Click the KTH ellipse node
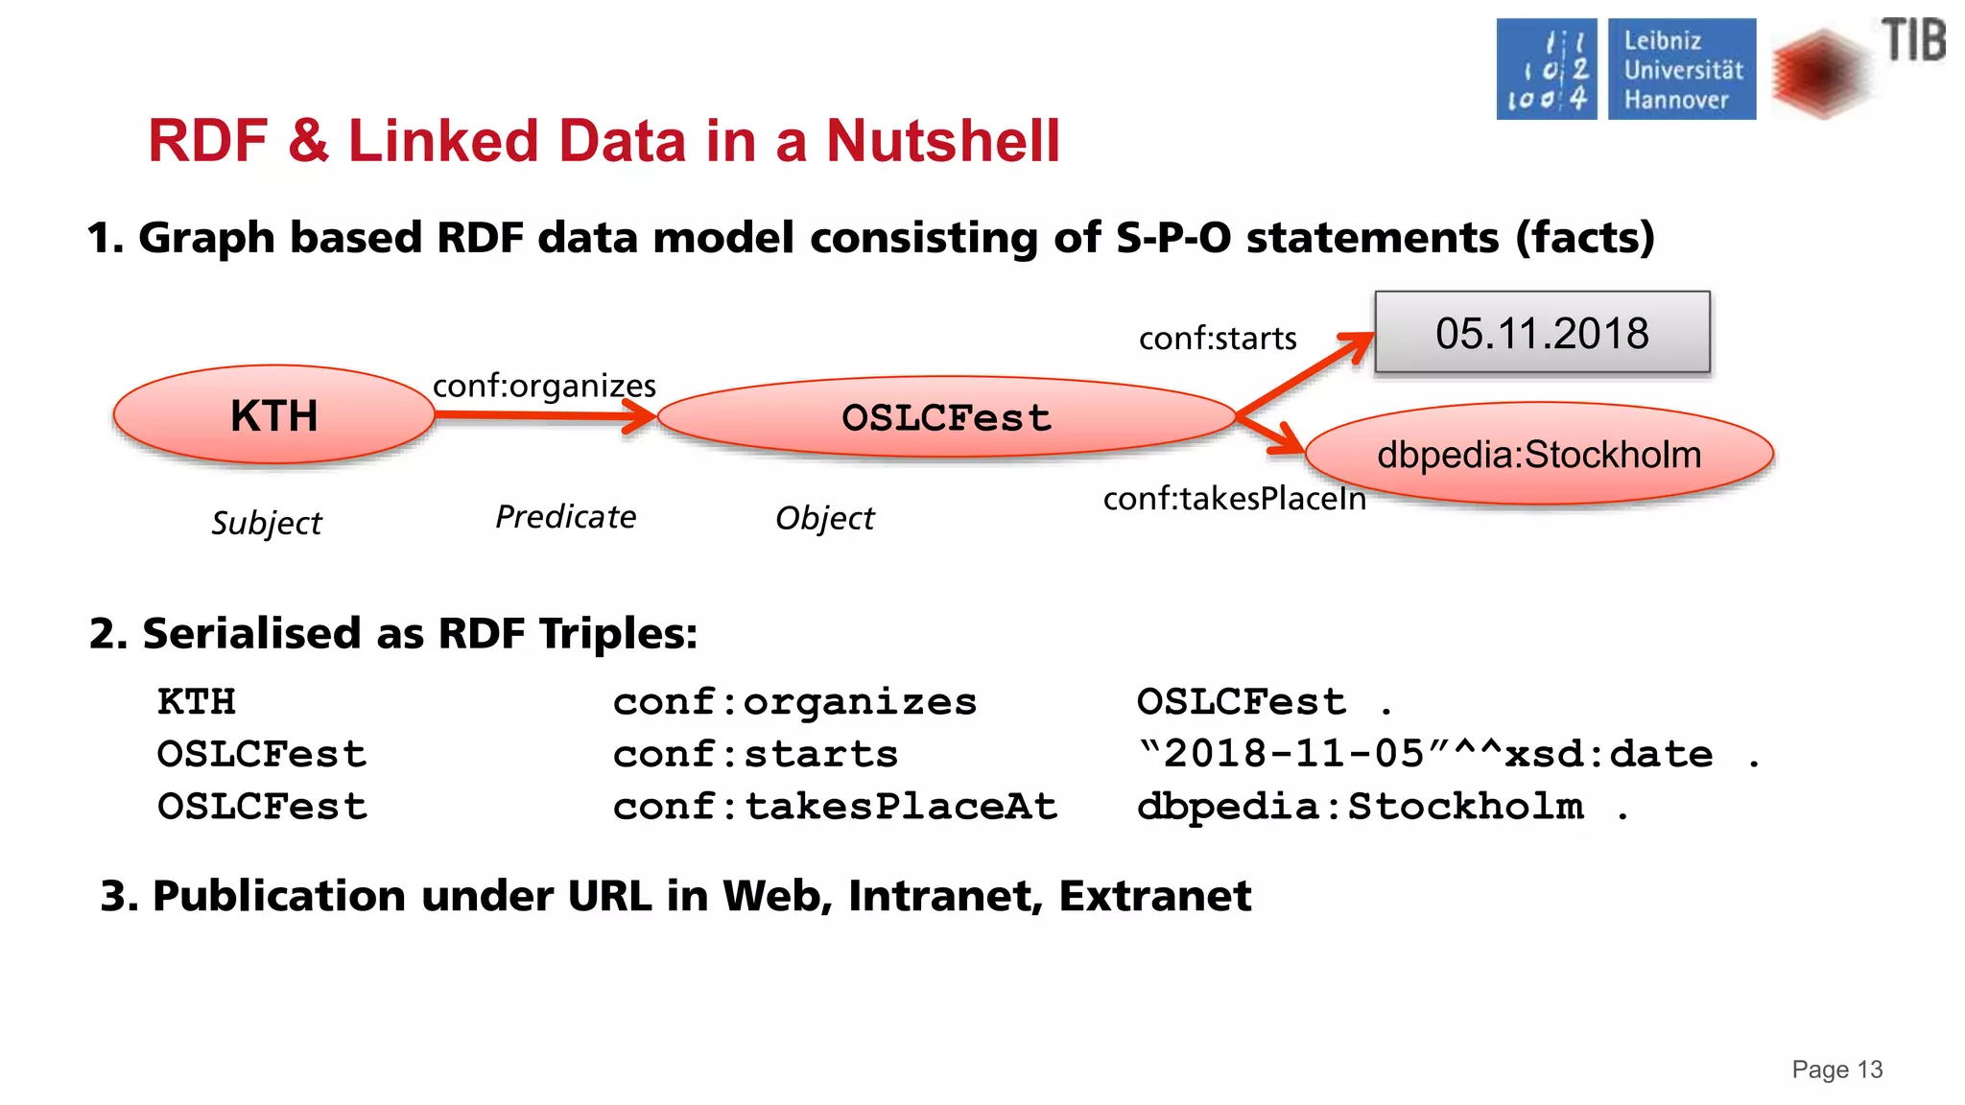point(273,415)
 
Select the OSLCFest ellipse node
point(946,417)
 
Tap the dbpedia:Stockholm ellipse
point(1539,454)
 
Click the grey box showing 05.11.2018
point(1542,333)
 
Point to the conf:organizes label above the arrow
point(544,386)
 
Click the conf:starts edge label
point(1218,339)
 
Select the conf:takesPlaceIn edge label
point(1234,499)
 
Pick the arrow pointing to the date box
point(1305,374)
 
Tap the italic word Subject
point(267,523)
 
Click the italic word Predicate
point(565,517)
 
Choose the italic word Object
point(824,518)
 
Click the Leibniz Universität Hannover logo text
point(1682,70)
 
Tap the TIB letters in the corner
point(1913,41)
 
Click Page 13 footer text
point(1836,1070)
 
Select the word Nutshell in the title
point(943,141)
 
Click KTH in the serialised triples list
point(197,701)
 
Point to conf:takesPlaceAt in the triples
point(835,806)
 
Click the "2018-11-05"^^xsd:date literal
point(1425,754)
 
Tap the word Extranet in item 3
point(1154,896)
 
